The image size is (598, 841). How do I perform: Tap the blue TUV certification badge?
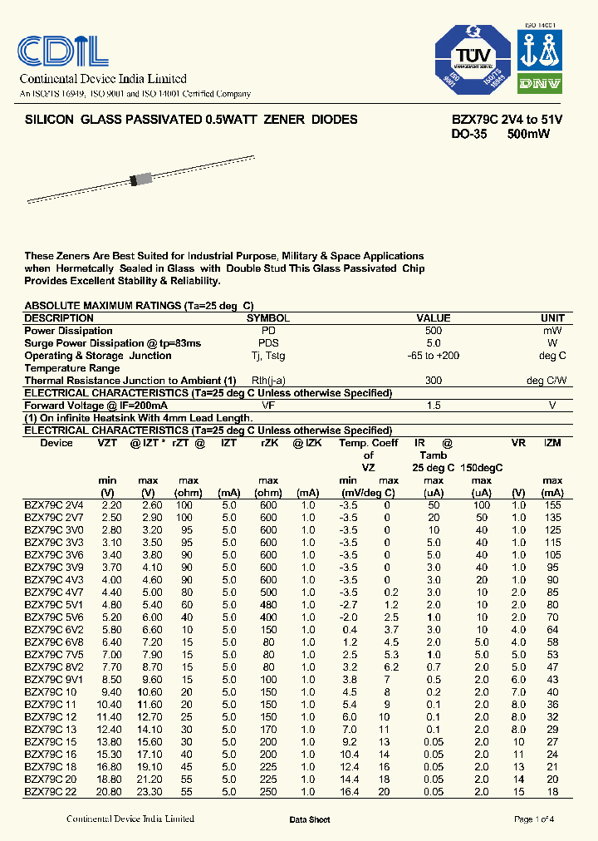click(473, 59)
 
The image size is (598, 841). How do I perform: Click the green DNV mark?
click(540, 84)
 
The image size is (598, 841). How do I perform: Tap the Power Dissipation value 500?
click(434, 331)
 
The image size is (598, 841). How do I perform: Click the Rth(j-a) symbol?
click(268, 381)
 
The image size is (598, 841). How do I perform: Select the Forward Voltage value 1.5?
click(434, 406)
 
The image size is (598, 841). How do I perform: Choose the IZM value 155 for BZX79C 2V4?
click(552, 505)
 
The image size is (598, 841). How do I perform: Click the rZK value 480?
click(268, 605)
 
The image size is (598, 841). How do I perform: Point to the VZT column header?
click(108, 443)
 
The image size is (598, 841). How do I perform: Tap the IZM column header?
click(552, 443)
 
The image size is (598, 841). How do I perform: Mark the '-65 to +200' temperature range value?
click(434, 356)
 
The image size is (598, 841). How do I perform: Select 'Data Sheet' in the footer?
click(310, 820)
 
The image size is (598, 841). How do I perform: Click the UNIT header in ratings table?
click(552, 318)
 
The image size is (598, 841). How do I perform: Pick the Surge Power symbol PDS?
click(268, 343)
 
